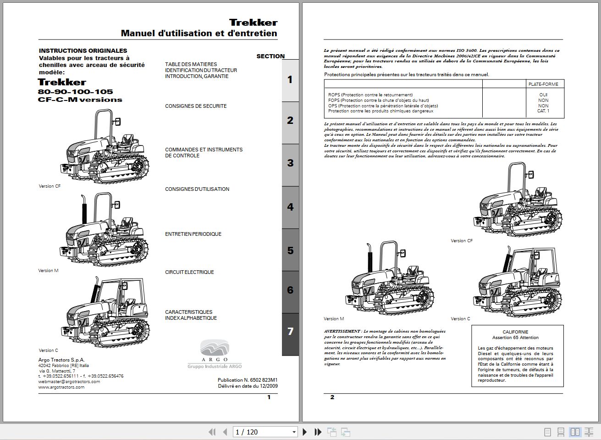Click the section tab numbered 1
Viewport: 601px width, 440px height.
tap(290, 80)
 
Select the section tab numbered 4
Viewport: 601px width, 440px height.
tap(290, 207)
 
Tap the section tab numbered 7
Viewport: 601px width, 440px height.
tap(290, 331)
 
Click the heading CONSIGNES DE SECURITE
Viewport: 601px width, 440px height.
tap(196, 106)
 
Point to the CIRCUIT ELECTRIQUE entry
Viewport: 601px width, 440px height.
tap(189, 272)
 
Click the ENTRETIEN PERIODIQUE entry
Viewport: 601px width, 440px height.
tap(193, 234)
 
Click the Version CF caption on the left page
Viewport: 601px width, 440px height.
tap(50, 186)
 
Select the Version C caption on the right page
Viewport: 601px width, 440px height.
tap(460, 319)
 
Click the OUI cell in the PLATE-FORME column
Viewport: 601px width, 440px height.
tap(543, 95)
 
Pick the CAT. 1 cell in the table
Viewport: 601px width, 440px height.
tap(543, 111)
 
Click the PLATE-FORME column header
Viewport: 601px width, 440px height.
tap(543, 84)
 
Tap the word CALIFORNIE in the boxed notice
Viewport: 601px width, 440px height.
tap(515, 332)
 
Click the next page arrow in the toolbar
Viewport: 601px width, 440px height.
tap(305, 432)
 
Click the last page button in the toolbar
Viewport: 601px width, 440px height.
tap(318, 432)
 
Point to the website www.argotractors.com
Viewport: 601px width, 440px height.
tap(61, 387)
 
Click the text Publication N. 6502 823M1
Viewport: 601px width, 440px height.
tap(248, 380)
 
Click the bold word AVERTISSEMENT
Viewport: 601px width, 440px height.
tap(342, 331)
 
